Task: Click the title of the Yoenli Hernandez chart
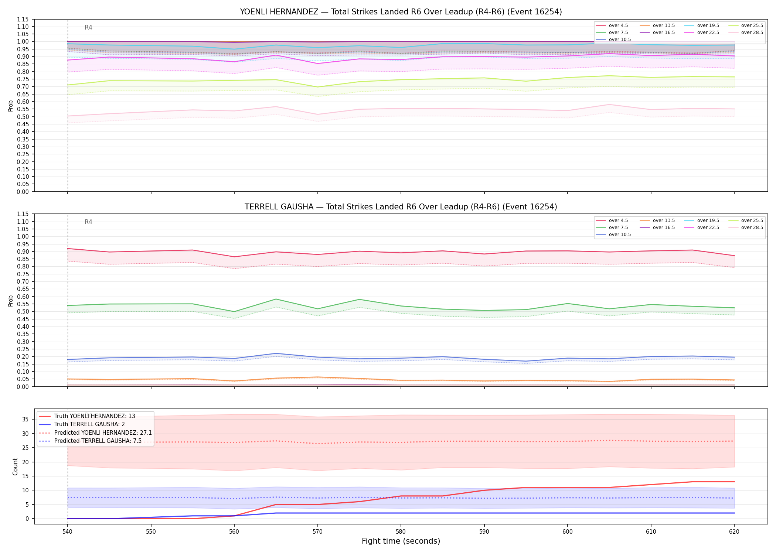[401, 12]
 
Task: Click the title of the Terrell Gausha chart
[401, 207]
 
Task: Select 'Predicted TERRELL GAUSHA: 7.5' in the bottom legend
[90, 441]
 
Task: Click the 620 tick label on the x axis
[734, 532]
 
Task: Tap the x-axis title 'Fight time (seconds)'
[401, 541]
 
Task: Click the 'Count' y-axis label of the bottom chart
[15, 466]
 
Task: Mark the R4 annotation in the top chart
[88, 27]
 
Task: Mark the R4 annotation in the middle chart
[88, 222]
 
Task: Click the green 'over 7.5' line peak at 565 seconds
[276, 299]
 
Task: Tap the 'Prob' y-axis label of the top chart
[11, 106]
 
